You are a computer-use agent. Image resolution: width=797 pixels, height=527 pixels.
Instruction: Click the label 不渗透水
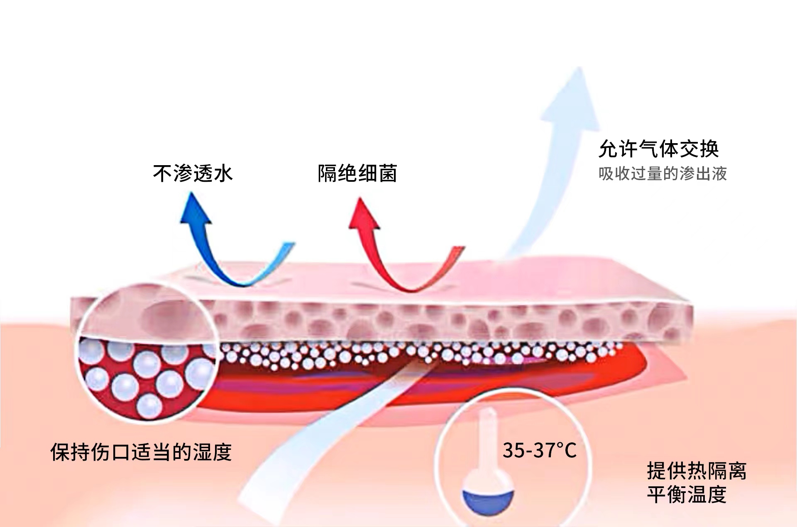tap(193, 173)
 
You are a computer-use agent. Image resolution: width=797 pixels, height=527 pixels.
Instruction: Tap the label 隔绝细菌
tap(357, 173)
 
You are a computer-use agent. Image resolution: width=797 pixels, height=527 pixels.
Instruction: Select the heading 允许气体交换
tap(658, 149)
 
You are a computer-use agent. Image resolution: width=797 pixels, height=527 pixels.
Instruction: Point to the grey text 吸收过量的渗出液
tap(663, 173)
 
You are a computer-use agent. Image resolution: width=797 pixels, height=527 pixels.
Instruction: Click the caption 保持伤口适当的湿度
tap(141, 452)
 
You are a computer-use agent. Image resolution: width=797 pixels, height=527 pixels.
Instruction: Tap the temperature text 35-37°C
tap(539, 451)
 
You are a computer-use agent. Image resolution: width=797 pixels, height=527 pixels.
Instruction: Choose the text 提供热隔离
tap(697, 471)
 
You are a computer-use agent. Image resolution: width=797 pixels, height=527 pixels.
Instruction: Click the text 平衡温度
tap(687, 495)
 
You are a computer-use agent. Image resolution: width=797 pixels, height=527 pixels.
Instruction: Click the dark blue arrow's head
tap(195, 210)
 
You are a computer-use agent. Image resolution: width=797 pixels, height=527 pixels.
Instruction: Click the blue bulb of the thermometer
tap(488, 501)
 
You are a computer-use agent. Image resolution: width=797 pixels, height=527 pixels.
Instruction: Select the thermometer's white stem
tap(487, 440)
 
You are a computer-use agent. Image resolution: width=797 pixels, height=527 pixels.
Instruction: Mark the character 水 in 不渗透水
tap(223, 173)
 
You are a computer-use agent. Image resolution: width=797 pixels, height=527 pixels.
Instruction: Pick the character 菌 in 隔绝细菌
tap(388, 173)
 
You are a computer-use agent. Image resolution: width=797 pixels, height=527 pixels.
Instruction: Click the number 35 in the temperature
tap(514, 451)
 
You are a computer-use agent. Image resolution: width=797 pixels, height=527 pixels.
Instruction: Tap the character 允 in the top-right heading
tap(608, 149)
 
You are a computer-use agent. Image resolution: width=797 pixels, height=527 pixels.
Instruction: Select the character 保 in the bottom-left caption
tap(60, 452)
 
